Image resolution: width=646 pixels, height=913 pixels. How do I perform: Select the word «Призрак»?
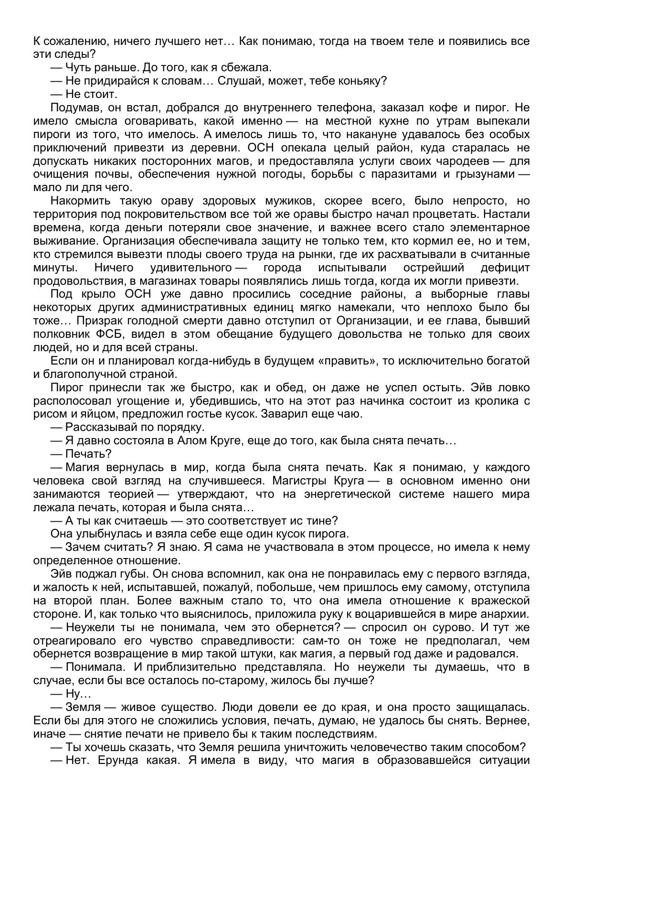pos(97,321)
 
